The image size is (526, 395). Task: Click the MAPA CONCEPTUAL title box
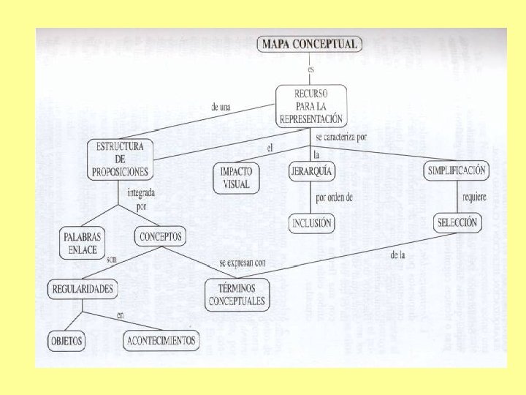pyautogui.click(x=310, y=44)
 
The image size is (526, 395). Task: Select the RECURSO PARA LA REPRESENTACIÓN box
pyautogui.click(x=311, y=105)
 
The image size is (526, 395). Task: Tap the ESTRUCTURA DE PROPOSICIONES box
pyautogui.click(x=120, y=159)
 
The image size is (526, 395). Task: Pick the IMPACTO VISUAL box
pyautogui.click(x=235, y=178)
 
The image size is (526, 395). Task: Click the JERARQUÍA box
pyautogui.click(x=311, y=171)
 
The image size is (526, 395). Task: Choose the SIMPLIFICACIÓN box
pyautogui.click(x=455, y=170)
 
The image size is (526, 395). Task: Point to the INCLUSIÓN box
pyautogui.click(x=311, y=222)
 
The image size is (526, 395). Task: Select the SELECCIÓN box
pyautogui.click(x=457, y=222)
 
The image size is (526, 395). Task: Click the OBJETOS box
pyautogui.click(x=66, y=341)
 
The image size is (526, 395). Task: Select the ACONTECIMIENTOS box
pyautogui.click(x=160, y=341)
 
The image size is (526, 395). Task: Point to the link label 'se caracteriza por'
pyautogui.click(x=342, y=137)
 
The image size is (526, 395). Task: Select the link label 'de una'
pyautogui.click(x=221, y=107)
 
